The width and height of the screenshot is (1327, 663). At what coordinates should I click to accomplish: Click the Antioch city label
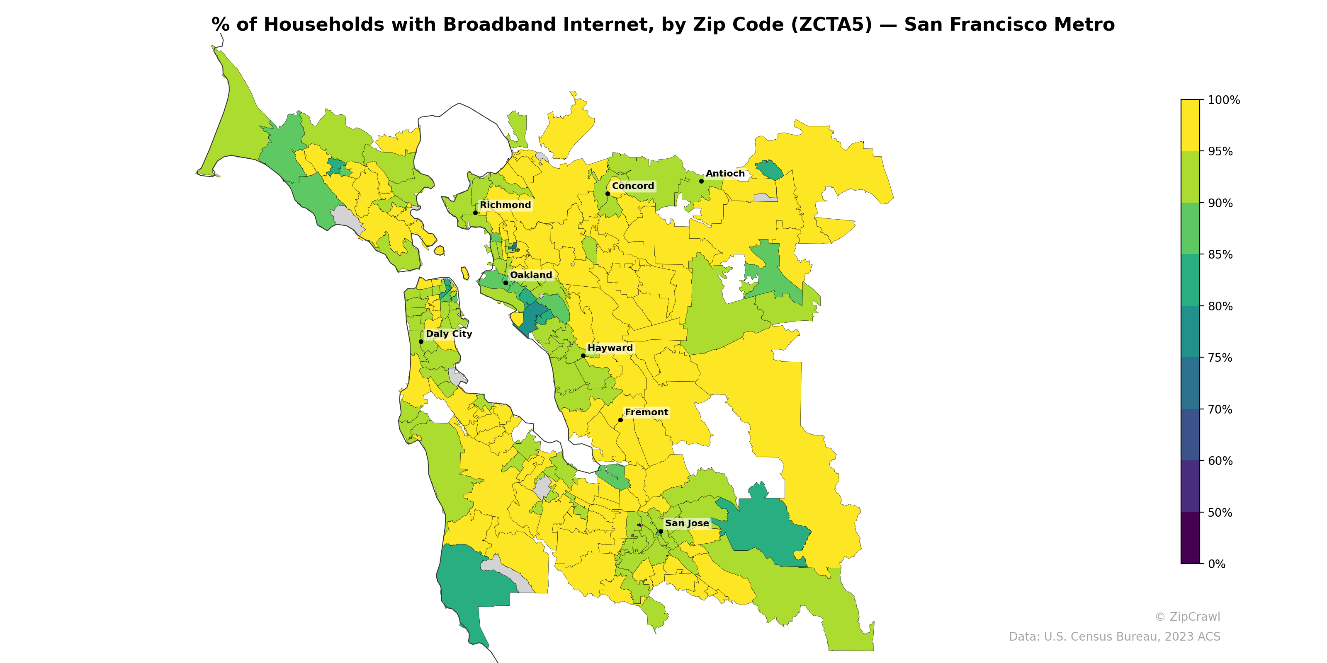pos(725,174)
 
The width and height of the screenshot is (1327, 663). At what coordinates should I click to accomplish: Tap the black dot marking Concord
pos(608,194)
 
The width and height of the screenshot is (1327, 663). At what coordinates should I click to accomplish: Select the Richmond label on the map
pos(505,205)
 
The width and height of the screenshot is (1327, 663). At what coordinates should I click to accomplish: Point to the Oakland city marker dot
pos(506,283)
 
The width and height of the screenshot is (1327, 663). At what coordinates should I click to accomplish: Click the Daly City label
pos(449,334)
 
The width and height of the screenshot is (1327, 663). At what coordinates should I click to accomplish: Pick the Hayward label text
pos(610,348)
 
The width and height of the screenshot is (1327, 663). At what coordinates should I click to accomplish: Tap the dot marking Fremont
pos(620,420)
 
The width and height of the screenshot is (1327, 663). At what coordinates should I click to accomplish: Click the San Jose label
pos(687,523)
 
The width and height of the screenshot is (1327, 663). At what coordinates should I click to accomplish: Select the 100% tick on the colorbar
pos(1223,100)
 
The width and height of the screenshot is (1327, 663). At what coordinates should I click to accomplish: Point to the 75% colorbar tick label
pos(1220,358)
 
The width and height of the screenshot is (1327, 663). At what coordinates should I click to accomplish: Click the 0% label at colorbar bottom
pos(1216,564)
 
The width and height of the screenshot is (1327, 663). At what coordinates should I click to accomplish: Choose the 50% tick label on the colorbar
pos(1220,513)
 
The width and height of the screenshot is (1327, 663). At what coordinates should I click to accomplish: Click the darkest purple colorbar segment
pos(1190,538)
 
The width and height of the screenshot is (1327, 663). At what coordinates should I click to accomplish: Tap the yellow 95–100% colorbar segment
pos(1190,125)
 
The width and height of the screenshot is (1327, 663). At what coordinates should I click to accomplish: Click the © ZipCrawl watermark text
pos(1187,617)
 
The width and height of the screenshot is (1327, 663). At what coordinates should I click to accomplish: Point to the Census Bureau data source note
pos(1114,637)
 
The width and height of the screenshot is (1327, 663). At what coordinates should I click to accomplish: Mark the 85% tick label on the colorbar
pos(1220,254)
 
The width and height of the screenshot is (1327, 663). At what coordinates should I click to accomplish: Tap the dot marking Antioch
pos(701,181)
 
